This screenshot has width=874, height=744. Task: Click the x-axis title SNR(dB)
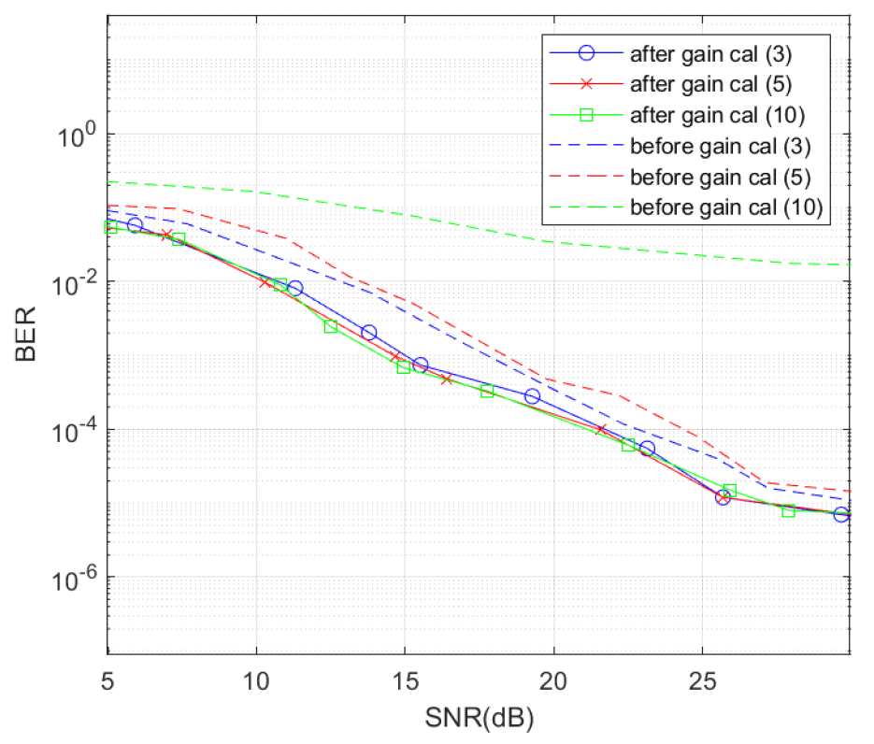click(479, 720)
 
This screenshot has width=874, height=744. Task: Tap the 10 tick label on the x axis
click(256, 676)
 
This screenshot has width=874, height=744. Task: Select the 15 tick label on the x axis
click(405, 676)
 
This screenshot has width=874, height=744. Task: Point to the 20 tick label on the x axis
click(553, 676)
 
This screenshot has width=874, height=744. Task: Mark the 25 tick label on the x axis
click(702, 676)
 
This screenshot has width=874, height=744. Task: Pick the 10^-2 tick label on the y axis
click(75, 281)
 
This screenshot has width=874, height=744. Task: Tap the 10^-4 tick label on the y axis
click(75, 430)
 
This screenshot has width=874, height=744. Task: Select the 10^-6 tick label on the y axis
click(75, 578)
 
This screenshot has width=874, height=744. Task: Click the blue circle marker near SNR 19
click(532, 396)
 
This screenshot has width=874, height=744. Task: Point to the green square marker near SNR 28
click(788, 510)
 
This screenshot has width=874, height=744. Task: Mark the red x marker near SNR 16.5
click(447, 379)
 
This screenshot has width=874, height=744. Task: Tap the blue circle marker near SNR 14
click(368, 333)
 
